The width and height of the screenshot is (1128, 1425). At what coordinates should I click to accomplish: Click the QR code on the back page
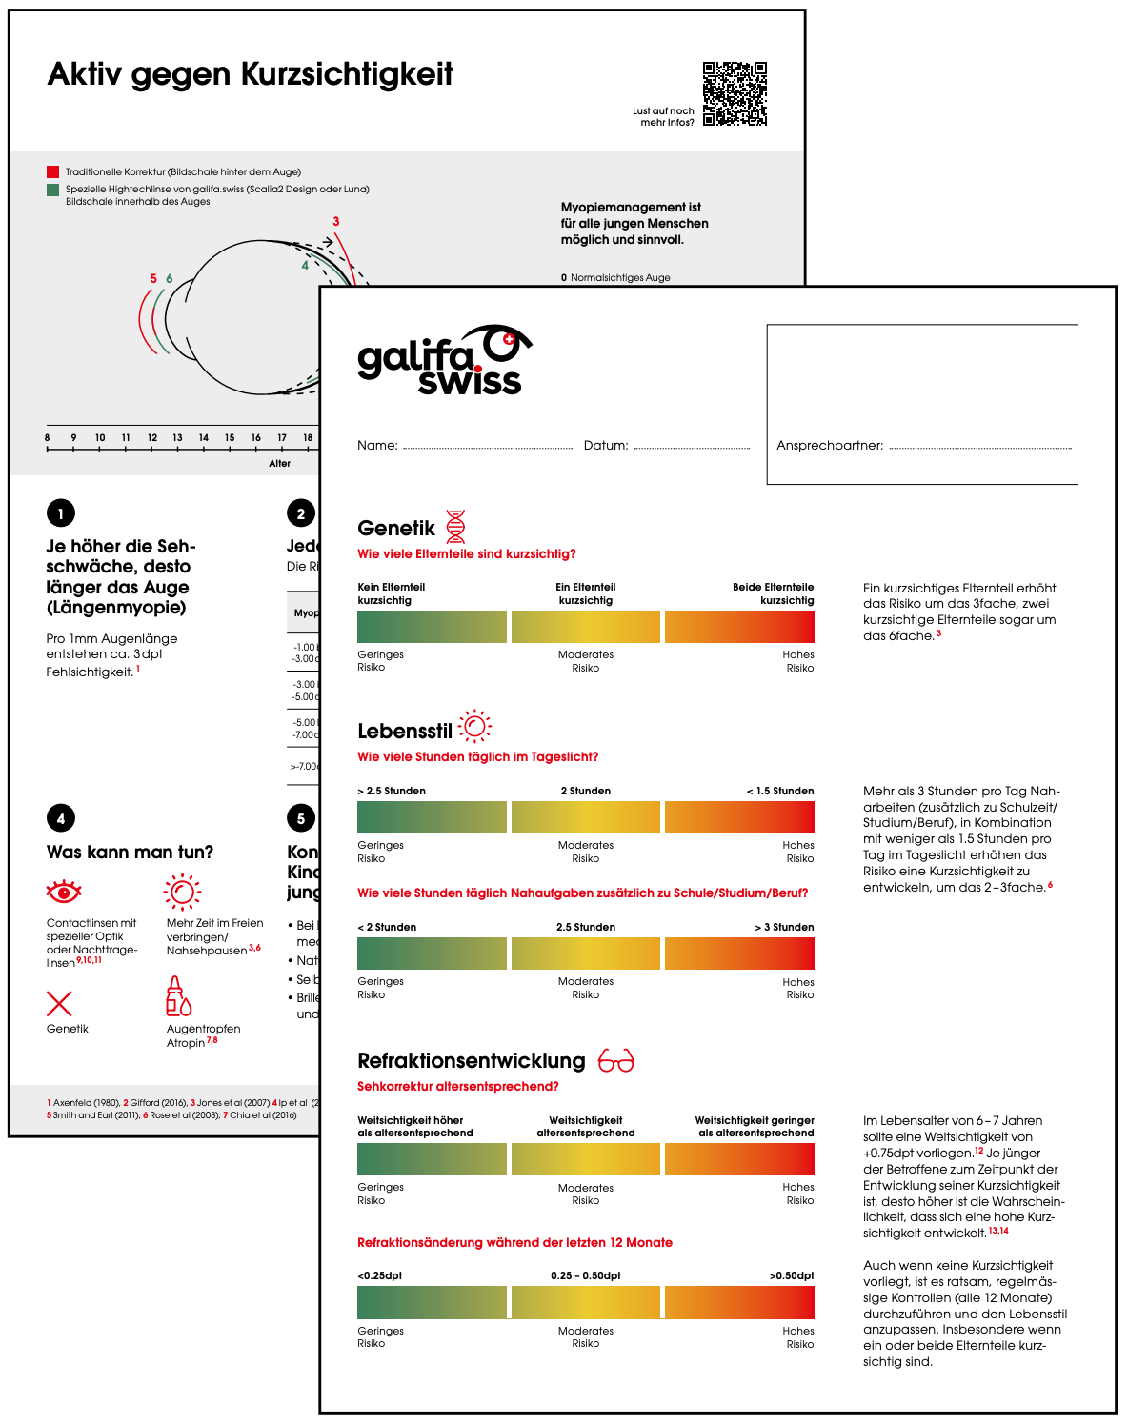click(x=735, y=94)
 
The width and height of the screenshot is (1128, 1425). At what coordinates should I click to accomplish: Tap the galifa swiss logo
click(x=443, y=361)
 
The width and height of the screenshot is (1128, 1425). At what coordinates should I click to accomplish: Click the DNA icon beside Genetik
click(x=456, y=527)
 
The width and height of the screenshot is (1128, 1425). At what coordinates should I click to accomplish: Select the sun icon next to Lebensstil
click(x=474, y=728)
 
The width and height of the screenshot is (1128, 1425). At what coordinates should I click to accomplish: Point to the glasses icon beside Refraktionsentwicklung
click(x=615, y=1060)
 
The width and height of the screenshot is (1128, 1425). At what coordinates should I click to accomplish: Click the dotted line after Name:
click(x=488, y=447)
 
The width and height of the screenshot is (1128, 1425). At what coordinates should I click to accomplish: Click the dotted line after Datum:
click(x=692, y=447)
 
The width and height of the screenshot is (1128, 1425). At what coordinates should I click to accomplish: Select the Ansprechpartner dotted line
click(x=980, y=447)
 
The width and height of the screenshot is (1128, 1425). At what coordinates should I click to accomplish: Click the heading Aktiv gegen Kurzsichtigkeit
click(x=251, y=74)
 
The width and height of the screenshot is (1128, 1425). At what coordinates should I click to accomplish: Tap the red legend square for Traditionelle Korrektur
click(x=52, y=172)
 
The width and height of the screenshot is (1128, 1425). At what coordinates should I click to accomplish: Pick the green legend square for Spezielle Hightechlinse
click(x=52, y=190)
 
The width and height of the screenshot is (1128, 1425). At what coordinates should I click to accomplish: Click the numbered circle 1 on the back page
click(x=61, y=513)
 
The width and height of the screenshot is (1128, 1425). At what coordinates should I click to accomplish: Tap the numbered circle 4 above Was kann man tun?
click(x=61, y=818)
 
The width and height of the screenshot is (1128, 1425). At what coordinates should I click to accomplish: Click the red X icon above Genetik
click(x=59, y=1003)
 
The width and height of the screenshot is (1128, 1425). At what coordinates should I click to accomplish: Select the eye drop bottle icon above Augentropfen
click(x=178, y=996)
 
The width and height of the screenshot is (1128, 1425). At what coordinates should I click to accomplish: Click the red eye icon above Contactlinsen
click(x=64, y=892)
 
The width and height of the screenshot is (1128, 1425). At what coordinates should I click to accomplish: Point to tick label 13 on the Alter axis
click(x=177, y=438)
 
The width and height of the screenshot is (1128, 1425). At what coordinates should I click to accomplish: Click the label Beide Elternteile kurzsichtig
click(x=773, y=593)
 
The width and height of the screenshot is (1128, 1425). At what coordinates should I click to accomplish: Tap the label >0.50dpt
click(x=792, y=1275)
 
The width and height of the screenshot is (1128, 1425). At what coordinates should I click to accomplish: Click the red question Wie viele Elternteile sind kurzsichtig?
click(x=467, y=554)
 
